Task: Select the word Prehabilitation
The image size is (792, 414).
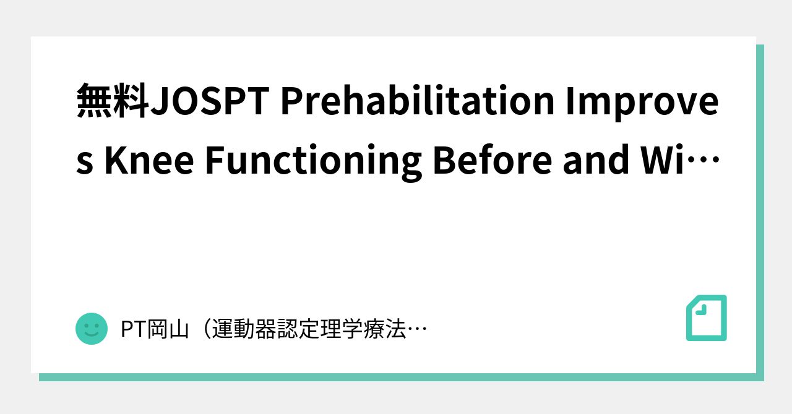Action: point(417,102)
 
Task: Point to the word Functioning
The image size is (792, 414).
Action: point(313,159)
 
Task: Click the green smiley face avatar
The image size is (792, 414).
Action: point(92,328)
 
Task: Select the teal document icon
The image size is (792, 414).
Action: point(707,318)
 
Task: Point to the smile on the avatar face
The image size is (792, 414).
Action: point(92,334)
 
